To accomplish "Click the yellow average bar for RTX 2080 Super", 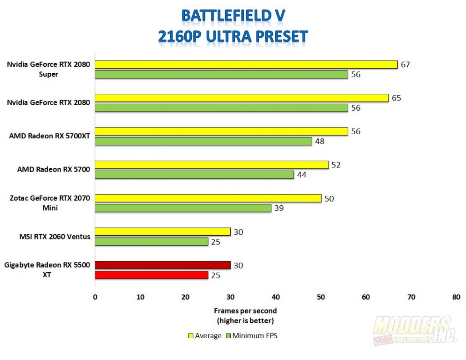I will click(246, 65).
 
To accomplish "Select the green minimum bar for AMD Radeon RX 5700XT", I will click(203, 141).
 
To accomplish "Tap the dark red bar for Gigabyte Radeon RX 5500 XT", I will click(162, 265).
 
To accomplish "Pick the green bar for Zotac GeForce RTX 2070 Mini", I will click(183, 208).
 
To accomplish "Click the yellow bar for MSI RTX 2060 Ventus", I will click(162, 232).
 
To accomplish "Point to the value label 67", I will click(405, 65).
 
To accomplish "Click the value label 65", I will click(396, 98).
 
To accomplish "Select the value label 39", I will click(279, 208).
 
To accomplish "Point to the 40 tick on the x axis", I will click(275, 297).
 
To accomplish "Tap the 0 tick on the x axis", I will click(95, 297).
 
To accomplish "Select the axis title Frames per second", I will click(245, 311).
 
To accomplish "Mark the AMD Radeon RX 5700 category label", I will click(53, 169).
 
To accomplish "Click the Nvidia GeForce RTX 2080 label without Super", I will click(48, 103).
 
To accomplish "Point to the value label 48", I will click(319, 141).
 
